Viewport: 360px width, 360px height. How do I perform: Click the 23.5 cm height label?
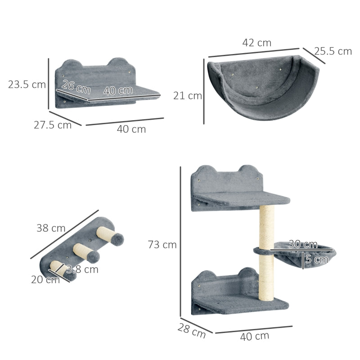(x=27, y=84)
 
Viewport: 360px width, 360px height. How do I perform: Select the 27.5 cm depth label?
(x=52, y=125)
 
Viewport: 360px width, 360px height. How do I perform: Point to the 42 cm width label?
(x=256, y=43)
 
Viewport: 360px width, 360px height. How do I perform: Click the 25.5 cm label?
(x=333, y=51)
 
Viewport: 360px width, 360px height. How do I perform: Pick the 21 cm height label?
(x=188, y=95)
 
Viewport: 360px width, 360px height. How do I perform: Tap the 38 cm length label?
(x=51, y=228)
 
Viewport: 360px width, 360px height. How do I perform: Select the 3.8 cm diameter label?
(x=82, y=270)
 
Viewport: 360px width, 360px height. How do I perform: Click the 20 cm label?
(x=45, y=280)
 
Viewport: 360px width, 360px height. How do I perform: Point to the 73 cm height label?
(x=162, y=245)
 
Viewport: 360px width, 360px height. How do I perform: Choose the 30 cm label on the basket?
(x=302, y=244)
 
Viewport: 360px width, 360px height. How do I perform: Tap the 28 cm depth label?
(x=191, y=332)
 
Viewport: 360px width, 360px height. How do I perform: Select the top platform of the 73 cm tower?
(x=243, y=199)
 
